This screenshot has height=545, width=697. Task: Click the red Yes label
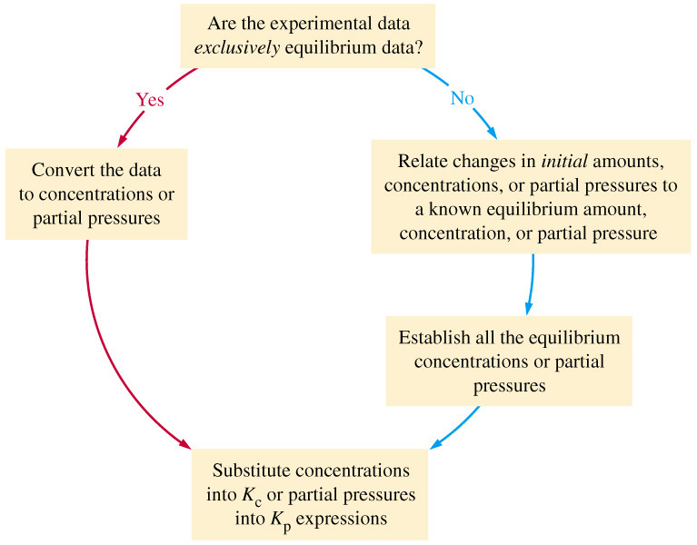(150, 100)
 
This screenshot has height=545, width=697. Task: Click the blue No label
(463, 98)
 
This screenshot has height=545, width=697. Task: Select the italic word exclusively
(237, 47)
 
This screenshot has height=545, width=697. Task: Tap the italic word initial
(564, 161)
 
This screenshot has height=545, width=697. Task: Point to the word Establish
(433, 338)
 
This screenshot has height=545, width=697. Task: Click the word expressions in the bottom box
(342, 519)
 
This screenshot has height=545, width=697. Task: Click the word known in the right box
(454, 209)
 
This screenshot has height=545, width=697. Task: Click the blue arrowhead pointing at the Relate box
(492, 133)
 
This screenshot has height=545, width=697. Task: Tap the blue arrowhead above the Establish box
(528, 308)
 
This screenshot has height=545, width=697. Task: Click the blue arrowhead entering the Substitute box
(435, 443)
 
